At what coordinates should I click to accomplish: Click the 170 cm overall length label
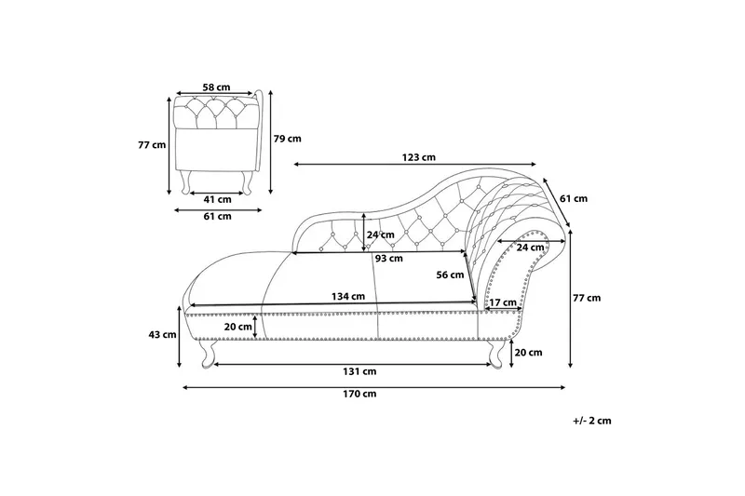coord(359,394)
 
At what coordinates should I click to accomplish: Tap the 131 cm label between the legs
coord(359,371)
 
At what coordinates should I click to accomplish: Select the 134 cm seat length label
coord(348,297)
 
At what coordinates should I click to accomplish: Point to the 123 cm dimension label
coord(418,157)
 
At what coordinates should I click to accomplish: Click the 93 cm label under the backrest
coord(388,259)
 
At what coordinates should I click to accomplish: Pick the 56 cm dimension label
coord(450,275)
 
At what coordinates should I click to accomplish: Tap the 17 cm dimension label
coord(503,302)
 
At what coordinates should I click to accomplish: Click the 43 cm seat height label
coord(162,335)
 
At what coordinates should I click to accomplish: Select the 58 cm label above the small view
coord(216,87)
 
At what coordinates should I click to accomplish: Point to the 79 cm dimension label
coord(288,139)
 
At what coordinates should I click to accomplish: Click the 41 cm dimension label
coord(218,200)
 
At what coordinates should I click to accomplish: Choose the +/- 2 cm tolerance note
coord(592,421)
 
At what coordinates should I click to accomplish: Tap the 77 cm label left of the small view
coord(152,145)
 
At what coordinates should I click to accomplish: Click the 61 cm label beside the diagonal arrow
coord(574,199)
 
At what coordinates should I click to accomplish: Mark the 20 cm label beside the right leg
coord(528,353)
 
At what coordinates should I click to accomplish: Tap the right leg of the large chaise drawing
coord(495,353)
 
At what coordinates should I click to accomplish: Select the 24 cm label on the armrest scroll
coord(530,248)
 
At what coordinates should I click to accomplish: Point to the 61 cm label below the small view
coord(218,217)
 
